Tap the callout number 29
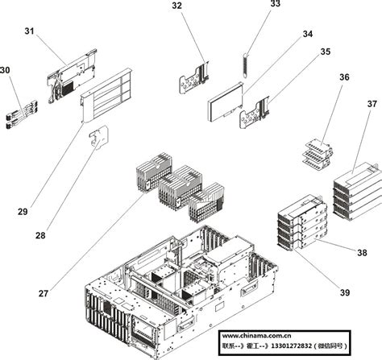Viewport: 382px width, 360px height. click(23, 212)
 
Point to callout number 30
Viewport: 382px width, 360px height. click(6, 71)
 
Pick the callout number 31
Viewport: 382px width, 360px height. click(29, 31)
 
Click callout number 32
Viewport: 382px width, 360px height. click(177, 6)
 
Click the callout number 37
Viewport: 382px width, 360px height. click(372, 104)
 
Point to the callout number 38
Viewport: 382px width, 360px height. click(362, 253)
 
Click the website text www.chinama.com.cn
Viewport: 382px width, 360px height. click(257, 336)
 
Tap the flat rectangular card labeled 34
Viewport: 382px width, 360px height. click(225, 104)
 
